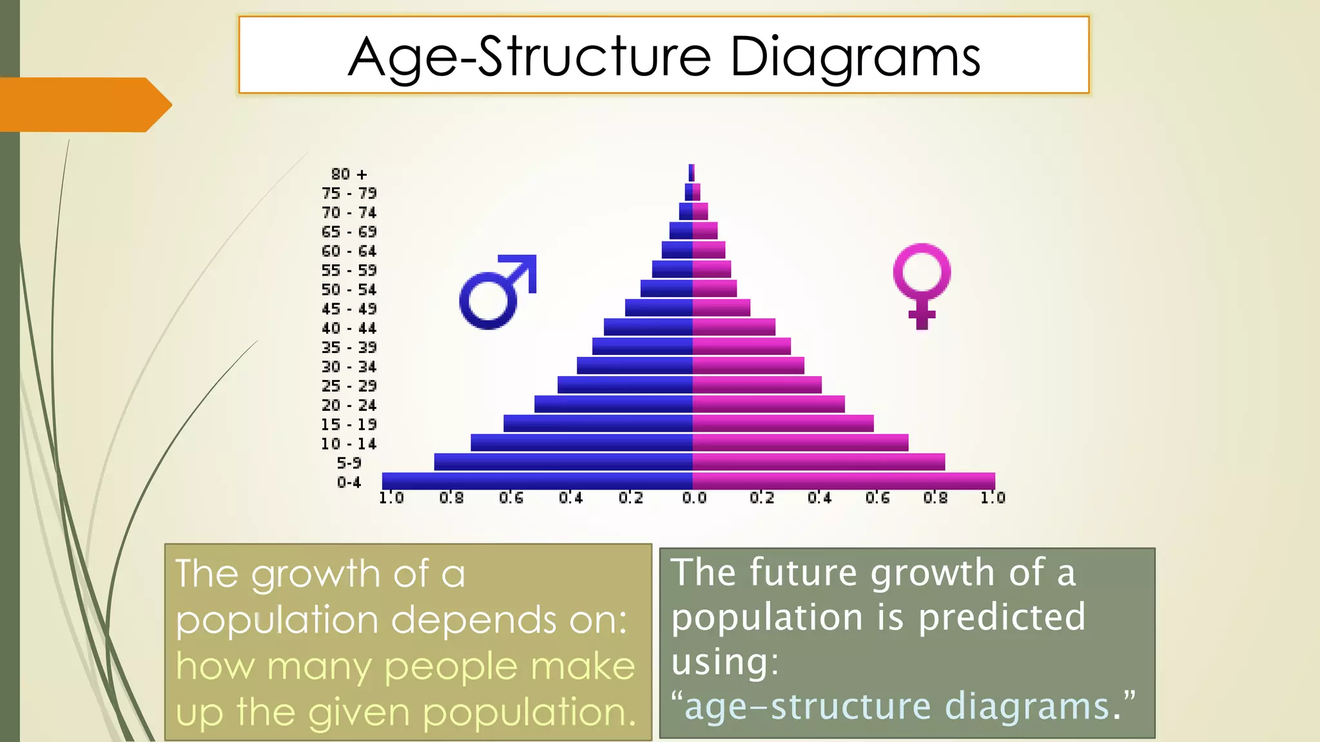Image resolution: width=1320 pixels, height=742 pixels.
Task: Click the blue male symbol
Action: [496, 293]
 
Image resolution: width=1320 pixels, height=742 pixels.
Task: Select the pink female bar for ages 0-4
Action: [844, 481]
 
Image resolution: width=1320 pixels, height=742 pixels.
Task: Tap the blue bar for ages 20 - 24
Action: [613, 404]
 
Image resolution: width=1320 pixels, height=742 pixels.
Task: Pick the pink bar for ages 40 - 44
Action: [733, 327]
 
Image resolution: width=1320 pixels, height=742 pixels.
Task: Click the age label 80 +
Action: [349, 175]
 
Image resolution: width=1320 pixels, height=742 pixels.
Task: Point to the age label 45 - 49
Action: [349, 309]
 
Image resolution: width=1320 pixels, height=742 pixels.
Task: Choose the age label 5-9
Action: [349, 463]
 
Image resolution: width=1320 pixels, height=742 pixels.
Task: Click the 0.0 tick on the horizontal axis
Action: [694, 498]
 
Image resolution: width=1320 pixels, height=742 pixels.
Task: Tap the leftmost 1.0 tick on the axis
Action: [391, 498]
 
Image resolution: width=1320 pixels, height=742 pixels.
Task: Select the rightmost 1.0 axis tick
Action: [993, 498]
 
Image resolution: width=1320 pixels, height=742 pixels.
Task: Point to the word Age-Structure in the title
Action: [529, 58]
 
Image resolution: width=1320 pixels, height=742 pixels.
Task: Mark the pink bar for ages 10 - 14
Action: [800, 443]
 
